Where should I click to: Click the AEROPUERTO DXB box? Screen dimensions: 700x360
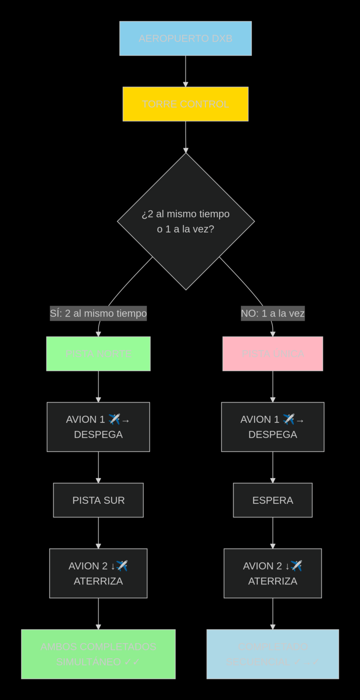click(185, 38)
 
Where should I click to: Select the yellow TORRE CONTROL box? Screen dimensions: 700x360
click(185, 104)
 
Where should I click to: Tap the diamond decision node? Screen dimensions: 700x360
click(185, 221)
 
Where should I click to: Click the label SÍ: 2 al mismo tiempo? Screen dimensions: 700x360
click(98, 313)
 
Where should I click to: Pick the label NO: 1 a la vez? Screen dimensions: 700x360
click(273, 313)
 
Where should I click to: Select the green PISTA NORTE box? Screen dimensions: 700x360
click(98, 354)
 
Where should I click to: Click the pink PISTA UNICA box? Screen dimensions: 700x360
click(273, 354)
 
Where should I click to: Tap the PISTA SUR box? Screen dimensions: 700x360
click(98, 500)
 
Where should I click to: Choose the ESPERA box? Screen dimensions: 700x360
click(273, 500)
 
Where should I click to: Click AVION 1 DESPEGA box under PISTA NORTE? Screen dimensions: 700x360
click(98, 427)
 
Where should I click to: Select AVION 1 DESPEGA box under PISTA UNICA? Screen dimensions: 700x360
click(273, 427)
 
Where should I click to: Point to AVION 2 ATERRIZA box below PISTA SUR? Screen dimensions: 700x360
click(98, 573)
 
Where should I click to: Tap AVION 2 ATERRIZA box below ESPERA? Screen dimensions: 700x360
click(273, 573)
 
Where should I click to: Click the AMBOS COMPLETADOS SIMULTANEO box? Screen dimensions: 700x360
click(98, 654)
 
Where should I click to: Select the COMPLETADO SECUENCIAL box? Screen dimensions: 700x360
click(273, 654)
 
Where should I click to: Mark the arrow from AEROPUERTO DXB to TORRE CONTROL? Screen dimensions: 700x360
click(185, 71)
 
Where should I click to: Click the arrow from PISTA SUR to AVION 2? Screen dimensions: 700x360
click(98, 533)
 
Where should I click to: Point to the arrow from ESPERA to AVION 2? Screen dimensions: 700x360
click(273, 533)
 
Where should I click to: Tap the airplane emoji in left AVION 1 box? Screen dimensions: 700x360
click(114, 419)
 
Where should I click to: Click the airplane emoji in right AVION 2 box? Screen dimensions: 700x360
click(296, 565)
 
